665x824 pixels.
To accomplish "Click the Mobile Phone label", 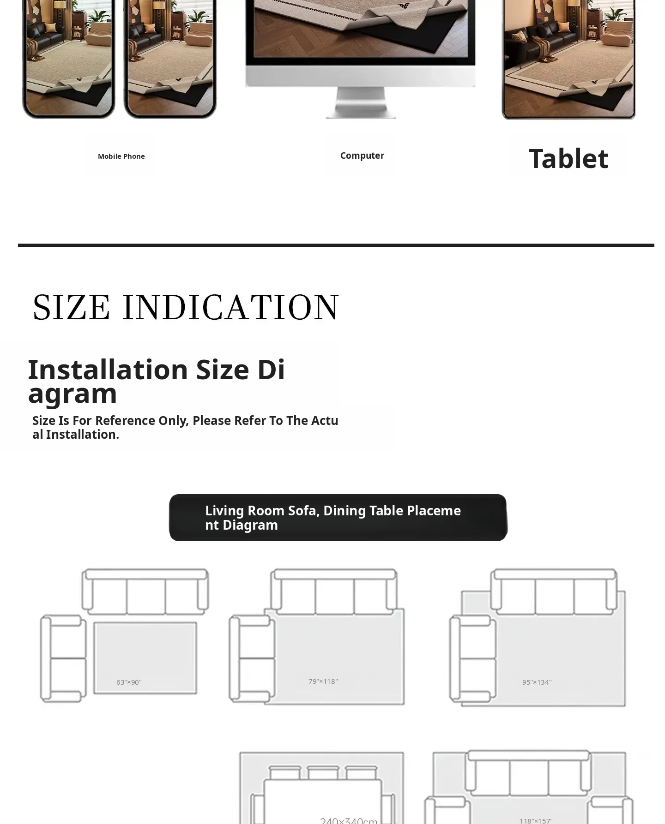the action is [121, 156].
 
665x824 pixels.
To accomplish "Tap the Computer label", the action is [362, 156].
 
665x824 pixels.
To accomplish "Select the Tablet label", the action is [568, 159].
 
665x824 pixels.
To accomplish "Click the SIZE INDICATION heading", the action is [186, 307].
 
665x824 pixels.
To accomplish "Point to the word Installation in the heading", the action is [108, 370].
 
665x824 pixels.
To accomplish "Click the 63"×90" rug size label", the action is [129, 682].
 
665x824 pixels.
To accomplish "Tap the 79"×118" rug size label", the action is [323, 681].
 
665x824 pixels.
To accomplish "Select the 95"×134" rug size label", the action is [537, 682].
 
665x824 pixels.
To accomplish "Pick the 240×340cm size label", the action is [349, 820].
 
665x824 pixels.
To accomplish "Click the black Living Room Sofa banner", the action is [338, 518].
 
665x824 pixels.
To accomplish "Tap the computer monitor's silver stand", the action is [361, 102].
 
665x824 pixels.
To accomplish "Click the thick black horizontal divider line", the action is [336, 245].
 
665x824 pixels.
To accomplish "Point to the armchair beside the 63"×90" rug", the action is [63, 658].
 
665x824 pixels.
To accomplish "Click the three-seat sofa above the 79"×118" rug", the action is [333, 591].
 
